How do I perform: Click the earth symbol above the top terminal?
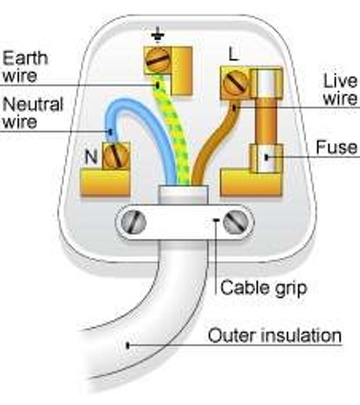[158, 35]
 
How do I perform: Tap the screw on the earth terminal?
[158, 60]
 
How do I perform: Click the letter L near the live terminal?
[233, 54]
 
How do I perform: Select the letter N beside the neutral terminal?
[91, 157]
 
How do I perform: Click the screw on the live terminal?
[235, 83]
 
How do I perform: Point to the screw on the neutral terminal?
[115, 156]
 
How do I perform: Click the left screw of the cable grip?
[134, 222]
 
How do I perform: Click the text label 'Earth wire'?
[25, 67]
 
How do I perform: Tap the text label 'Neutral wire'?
[33, 113]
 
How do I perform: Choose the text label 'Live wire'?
[341, 89]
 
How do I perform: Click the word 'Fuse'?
[336, 147]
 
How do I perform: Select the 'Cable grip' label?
[263, 288]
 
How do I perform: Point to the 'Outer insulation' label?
[275, 335]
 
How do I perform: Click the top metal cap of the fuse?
[267, 83]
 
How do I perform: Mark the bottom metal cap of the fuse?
[267, 158]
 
